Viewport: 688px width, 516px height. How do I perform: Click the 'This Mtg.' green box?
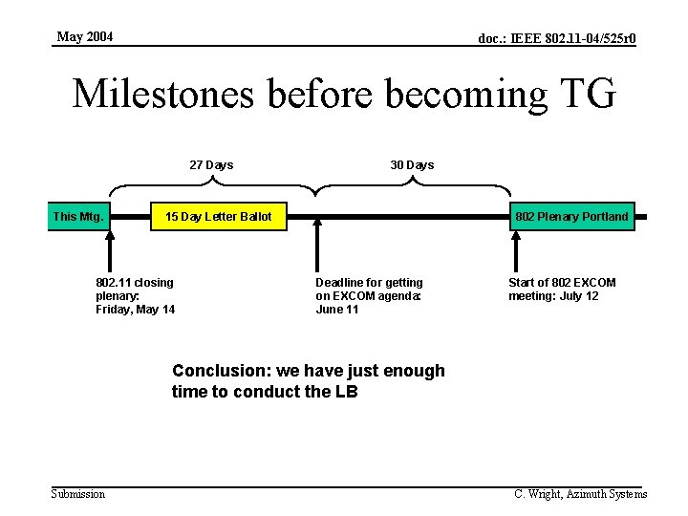[x=79, y=217]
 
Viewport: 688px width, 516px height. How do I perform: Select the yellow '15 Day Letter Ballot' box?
[x=218, y=217]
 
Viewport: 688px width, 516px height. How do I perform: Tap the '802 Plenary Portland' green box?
[x=571, y=217]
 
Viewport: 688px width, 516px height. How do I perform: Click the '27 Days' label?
[x=211, y=165]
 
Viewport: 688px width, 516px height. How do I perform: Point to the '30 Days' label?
[x=412, y=165]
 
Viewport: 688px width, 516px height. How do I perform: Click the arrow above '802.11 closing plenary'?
[x=110, y=251]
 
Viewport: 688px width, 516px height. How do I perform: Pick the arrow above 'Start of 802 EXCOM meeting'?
[x=516, y=251]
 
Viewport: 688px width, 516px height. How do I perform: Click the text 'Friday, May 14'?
[x=136, y=310]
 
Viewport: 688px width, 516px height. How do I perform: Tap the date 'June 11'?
[x=337, y=310]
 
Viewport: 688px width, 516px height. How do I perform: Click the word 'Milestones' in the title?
[x=162, y=94]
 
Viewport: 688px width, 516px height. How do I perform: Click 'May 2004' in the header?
[x=84, y=37]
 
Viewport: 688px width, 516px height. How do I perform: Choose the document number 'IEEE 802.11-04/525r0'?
[x=558, y=38]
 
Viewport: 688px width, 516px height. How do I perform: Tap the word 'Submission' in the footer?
[x=78, y=494]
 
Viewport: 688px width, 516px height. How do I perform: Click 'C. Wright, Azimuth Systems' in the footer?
[x=580, y=494]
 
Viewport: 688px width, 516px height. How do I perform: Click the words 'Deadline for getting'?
[x=369, y=283]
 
